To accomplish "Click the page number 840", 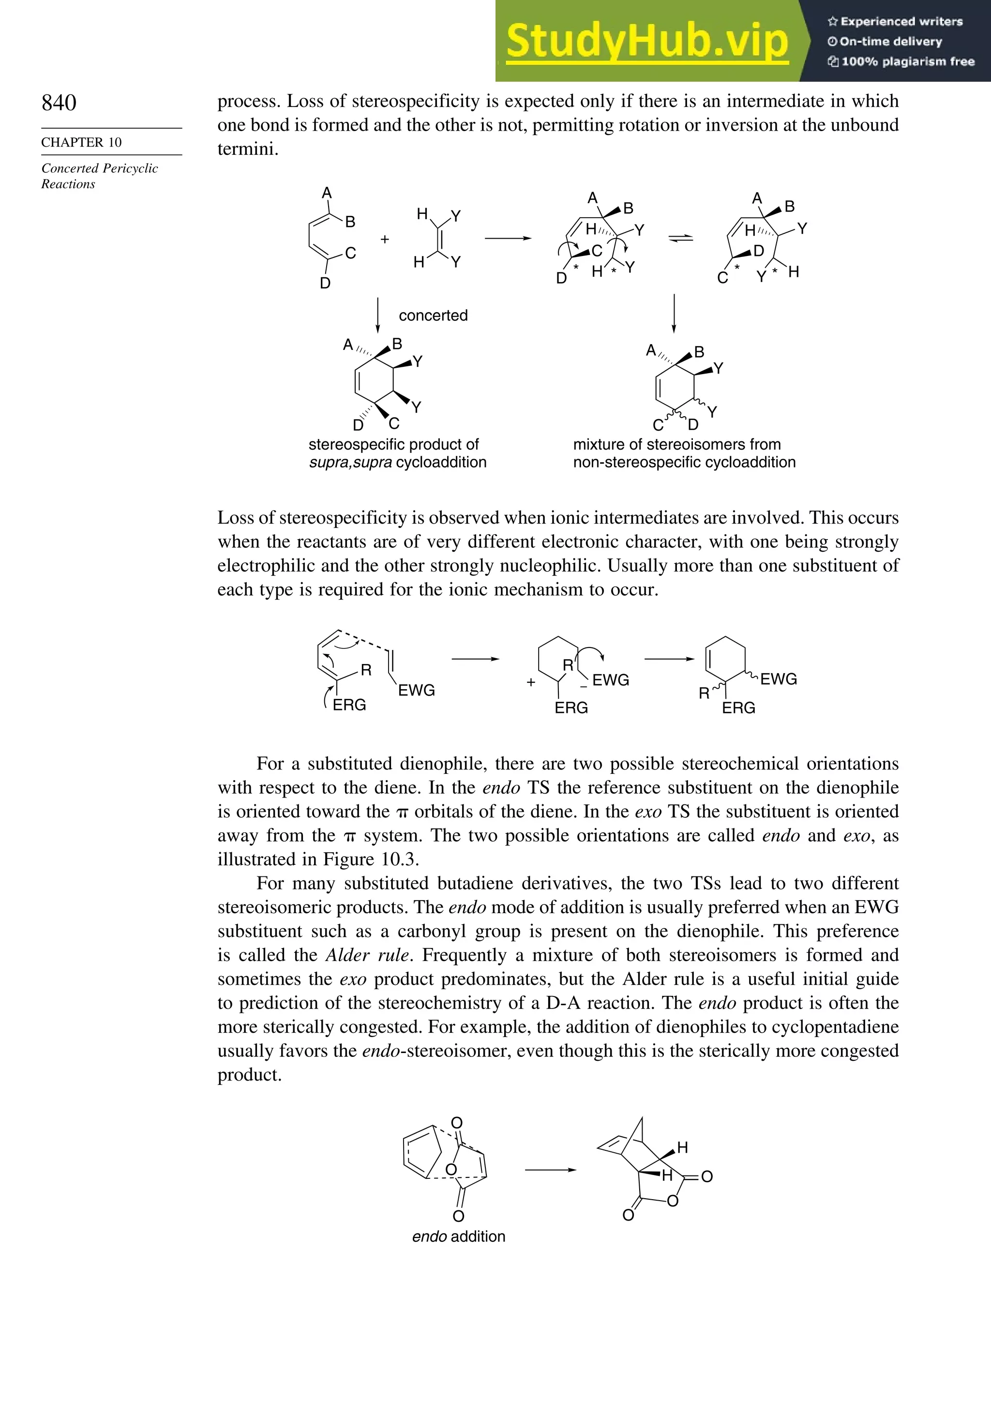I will (x=59, y=103).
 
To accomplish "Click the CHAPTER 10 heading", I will (x=81, y=142).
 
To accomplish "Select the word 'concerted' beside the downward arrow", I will (x=433, y=316).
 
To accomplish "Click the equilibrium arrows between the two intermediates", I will (x=681, y=239).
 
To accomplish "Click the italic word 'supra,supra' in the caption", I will (x=350, y=463).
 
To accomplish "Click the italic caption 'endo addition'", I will (x=458, y=1236).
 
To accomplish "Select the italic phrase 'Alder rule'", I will (x=368, y=955).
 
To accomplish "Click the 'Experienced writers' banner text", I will (x=901, y=22).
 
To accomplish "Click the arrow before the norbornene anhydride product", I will (x=550, y=1170).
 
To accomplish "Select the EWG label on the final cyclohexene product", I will (x=778, y=679).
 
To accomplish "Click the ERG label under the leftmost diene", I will (x=349, y=705).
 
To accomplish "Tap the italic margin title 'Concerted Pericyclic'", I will (x=99, y=168).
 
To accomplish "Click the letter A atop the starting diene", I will (x=327, y=193).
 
